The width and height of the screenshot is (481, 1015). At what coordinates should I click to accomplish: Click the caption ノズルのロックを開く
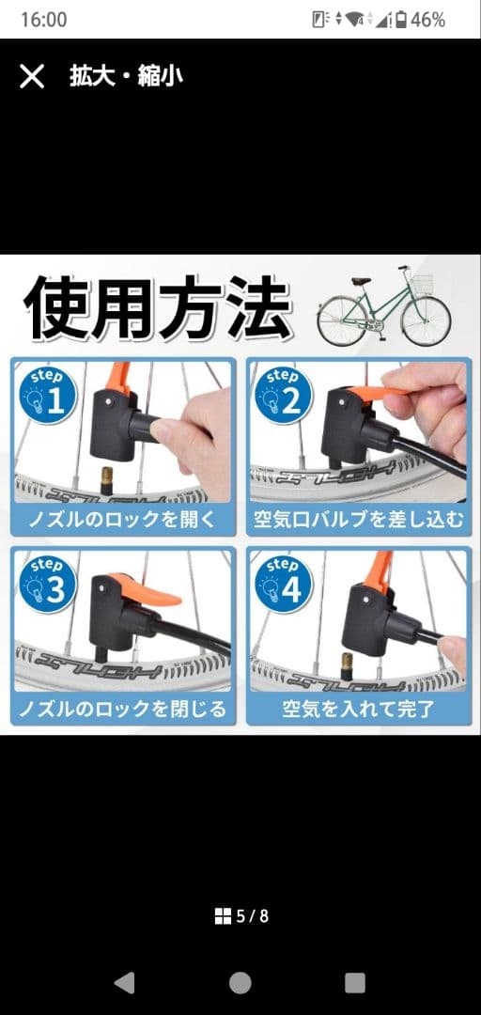point(123,519)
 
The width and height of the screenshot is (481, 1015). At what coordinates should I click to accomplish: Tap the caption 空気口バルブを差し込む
point(359,519)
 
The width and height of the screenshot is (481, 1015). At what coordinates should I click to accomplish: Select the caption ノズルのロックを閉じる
point(123,709)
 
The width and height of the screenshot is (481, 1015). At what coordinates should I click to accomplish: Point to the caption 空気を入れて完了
point(359,709)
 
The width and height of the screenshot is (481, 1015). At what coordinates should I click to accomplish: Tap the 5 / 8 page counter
point(241,915)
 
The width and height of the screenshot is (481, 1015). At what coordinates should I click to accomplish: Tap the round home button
point(240,982)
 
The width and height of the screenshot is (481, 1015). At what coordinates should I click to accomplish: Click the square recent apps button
point(355,982)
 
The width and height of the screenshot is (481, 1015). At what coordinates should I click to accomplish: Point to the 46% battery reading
point(427,20)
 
